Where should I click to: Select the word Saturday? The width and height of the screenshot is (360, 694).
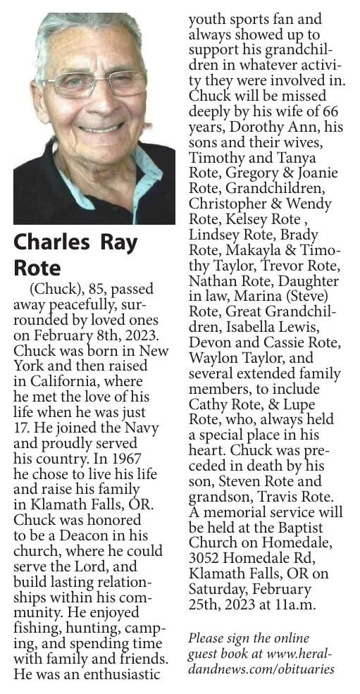[217, 589]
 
